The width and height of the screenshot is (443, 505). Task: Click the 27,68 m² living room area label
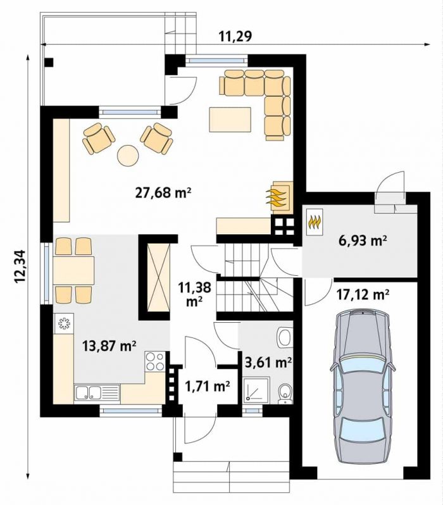coord(163,193)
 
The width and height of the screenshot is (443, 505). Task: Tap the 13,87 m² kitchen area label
coord(109,346)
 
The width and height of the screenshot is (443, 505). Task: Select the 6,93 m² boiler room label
coord(361,240)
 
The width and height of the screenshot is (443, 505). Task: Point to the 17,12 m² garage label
coord(363,294)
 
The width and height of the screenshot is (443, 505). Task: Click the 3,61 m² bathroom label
coord(268,363)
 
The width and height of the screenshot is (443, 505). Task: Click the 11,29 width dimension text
coord(235,37)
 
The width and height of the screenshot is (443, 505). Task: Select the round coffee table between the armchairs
coord(128,156)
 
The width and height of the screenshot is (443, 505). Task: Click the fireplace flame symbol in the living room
coord(275,198)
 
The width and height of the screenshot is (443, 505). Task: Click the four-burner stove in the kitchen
coord(155,361)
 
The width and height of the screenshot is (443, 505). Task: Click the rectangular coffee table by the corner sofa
coord(230,120)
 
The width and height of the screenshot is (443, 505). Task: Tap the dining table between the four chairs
coord(74,271)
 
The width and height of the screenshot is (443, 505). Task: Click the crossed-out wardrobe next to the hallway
coord(158,277)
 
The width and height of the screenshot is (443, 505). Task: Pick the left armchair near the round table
coord(99,138)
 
